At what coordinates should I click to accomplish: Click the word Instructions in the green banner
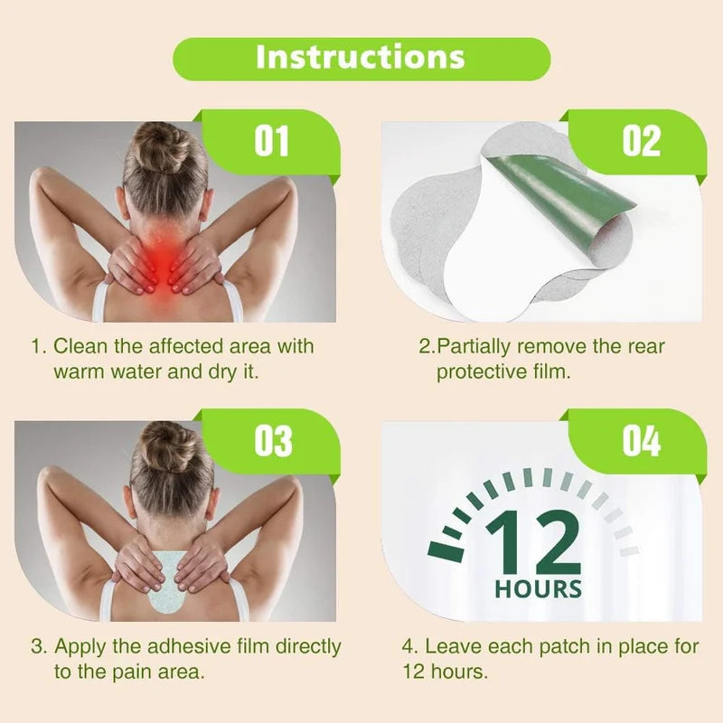[x=360, y=57]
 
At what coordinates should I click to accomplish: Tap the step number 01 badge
[x=272, y=141]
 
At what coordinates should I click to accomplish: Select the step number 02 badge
[x=642, y=141]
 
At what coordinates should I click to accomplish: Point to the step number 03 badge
[x=273, y=441]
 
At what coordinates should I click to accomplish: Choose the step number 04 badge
[x=642, y=441]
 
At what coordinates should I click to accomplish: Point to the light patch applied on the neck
[x=164, y=582]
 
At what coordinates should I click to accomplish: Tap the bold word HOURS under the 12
[x=538, y=589]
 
